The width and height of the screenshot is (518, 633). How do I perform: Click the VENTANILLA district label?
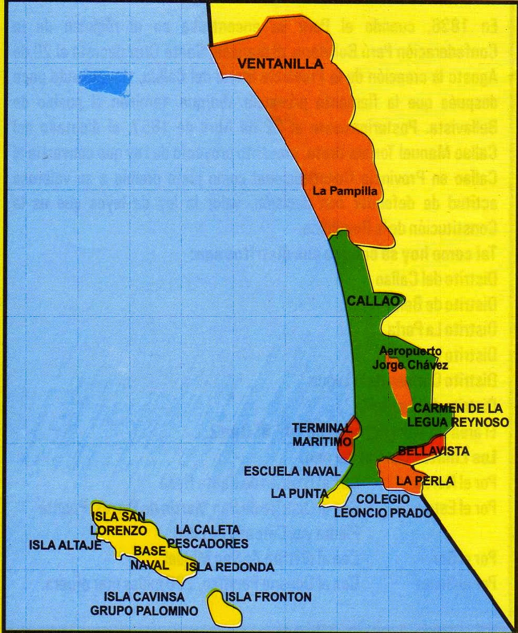[x=280, y=64]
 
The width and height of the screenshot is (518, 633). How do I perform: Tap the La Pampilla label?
[x=345, y=191]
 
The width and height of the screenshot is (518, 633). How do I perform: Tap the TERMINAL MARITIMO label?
[x=321, y=434]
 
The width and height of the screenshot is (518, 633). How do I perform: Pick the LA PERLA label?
[x=418, y=480]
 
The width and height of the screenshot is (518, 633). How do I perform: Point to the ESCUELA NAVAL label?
[x=292, y=471]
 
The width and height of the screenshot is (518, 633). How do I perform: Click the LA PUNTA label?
[x=299, y=493]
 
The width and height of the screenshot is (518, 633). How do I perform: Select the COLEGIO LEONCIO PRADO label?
[x=383, y=505]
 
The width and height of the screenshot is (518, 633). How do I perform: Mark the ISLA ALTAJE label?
[x=64, y=545]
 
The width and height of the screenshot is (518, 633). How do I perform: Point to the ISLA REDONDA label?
[x=230, y=567]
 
